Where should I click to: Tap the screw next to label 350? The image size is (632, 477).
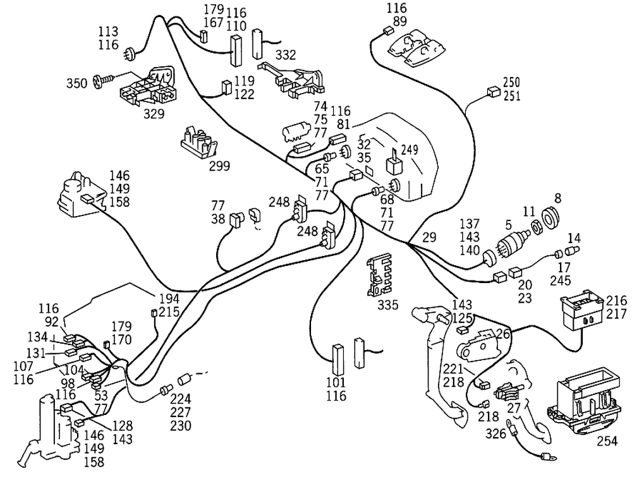(103, 81)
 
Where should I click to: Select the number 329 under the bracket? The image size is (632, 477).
(154, 114)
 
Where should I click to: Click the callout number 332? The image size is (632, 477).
(286, 56)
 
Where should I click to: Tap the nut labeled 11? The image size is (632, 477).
(534, 226)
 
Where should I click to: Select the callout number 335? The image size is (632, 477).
(388, 305)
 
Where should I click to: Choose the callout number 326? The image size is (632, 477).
(495, 434)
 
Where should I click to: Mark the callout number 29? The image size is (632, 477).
(429, 237)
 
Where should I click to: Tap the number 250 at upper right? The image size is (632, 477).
(512, 83)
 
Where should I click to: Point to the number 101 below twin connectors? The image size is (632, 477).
(336, 383)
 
